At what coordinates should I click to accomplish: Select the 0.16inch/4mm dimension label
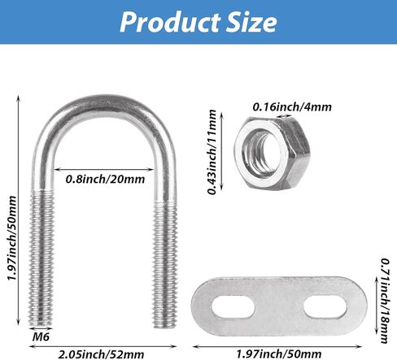(291, 106)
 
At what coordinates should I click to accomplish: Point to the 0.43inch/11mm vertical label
(212, 154)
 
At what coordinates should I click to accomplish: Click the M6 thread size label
(40, 334)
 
